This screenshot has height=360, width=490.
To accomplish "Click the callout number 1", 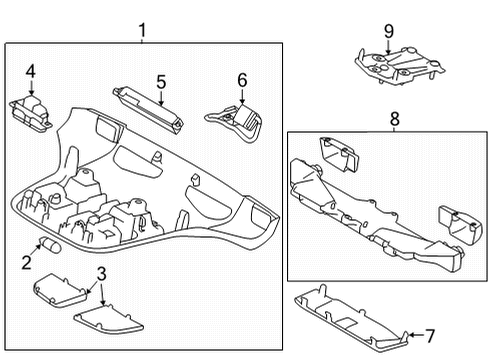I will [142, 31].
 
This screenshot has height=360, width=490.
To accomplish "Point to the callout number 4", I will [31, 71].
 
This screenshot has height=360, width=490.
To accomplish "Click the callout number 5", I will [159, 81].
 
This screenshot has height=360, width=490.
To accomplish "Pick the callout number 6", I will [241, 79].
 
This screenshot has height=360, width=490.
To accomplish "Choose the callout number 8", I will [394, 118].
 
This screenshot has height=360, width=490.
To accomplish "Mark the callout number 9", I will [389, 17].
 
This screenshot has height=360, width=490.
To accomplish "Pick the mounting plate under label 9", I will [400, 62].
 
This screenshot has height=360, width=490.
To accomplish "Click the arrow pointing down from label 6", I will [241, 94].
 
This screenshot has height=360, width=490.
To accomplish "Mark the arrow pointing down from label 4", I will [31, 87].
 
